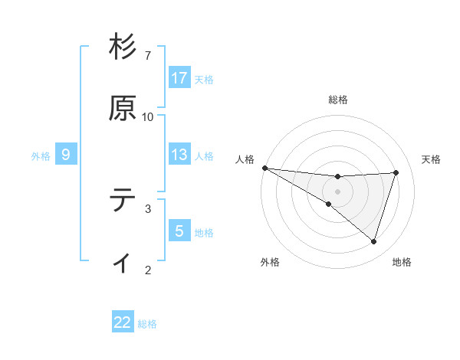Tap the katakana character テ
(x=123, y=200)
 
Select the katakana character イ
(x=123, y=262)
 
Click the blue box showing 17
(x=179, y=78)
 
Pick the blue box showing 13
(x=179, y=155)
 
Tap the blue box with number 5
(x=179, y=231)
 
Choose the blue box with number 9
(x=66, y=155)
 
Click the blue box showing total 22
(x=123, y=322)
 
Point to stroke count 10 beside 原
(x=148, y=116)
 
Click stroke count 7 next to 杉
(x=148, y=56)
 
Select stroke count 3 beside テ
(x=148, y=208)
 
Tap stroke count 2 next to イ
(x=148, y=270)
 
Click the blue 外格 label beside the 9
(x=41, y=155)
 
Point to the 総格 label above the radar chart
(x=338, y=100)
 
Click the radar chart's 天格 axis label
(x=432, y=159)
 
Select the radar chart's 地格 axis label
(x=402, y=262)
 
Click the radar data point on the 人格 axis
(x=264, y=167)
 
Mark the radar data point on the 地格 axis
(x=374, y=241)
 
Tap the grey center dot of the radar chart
(x=337, y=191)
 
